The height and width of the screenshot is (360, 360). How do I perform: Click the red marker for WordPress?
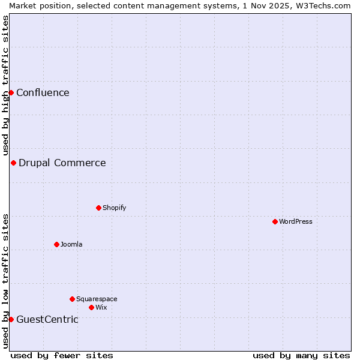pyautogui.click(x=275, y=221)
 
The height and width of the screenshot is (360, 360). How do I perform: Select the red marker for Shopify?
pyautogui.click(x=98, y=208)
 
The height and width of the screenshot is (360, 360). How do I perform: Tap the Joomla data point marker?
pyautogui.click(x=56, y=244)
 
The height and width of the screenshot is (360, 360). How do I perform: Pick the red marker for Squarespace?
pyautogui.click(x=72, y=299)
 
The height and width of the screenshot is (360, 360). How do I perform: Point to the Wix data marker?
pyautogui.click(x=91, y=307)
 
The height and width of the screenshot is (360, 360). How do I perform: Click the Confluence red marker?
pyautogui.click(x=11, y=92)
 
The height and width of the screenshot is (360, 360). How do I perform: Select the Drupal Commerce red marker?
pyautogui.click(x=13, y=163)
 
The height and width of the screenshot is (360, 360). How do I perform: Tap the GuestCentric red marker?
pyautogui.click(x=11, y=319)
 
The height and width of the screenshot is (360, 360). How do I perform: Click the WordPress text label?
pyautogui.click(x=296, y=221)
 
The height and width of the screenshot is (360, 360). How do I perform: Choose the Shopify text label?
pyautogui.click(x=114, y=208)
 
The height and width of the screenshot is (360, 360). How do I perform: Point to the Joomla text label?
pyautogui.click(x=71, y=244)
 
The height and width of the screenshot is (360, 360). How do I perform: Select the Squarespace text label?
pyautogui.click(x=97, y=299)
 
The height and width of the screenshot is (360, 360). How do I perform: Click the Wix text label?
pyautogui.click(x=101, y=307)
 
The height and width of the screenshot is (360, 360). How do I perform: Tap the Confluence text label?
pyautogui.click(x=43, y=92)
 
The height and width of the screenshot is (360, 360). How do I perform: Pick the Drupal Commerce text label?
pyautogui.click(x=62, y=163)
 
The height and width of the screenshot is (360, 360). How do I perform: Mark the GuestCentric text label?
pyautogui.click(x=47, y=319)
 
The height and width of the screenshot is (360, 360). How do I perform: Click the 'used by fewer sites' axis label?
pyautogui.click(x=62, y=355)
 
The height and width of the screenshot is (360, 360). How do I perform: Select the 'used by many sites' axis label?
pyautogui.click(x=301, y=355)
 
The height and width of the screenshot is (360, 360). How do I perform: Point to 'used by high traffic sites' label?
pyautogui.click(x=5, y=86)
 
